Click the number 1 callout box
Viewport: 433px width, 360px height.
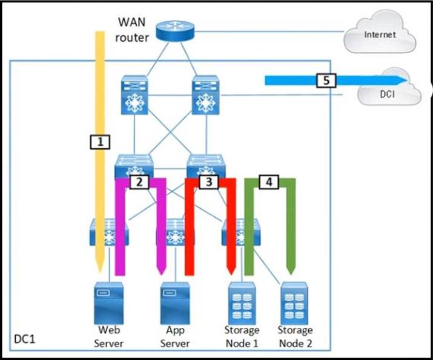100,142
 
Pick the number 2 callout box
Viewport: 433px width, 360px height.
140,181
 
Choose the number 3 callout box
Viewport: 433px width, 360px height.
208,181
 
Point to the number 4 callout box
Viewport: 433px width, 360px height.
268,181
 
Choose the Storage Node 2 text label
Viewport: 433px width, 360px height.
295,336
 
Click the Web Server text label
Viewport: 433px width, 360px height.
110,336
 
